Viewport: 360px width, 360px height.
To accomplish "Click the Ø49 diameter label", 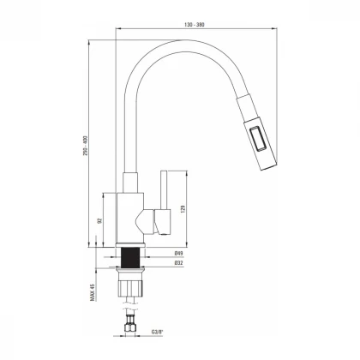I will pyautogui.click(x=180, y=255).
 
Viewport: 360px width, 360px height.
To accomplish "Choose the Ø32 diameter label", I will pyautogui.click(x=180, y=264).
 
